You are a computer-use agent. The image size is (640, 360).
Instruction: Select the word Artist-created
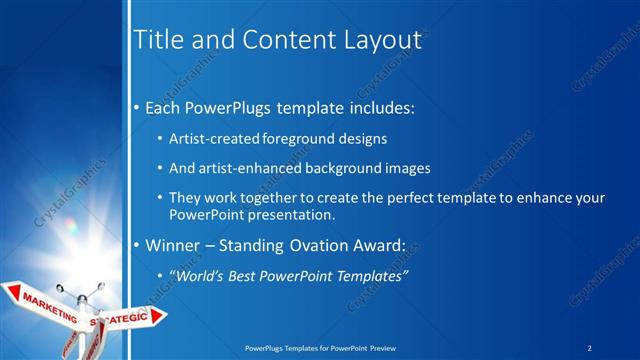pyautogui.click(x=215, y=138)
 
